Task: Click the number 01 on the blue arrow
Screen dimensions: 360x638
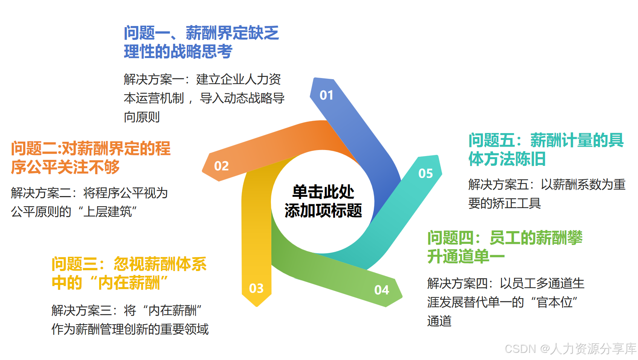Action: tap(326, 95)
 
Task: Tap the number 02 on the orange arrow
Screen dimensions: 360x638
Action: tap(221, 166)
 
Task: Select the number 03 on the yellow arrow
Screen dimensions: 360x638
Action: tap(256, 288)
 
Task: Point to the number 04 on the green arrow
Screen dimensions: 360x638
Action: tap(381, 290)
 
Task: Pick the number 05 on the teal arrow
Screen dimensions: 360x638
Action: tap(425, 173)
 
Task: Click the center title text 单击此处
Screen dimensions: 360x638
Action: tap(323, 192)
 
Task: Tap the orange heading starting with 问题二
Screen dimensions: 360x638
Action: tap(90, 158)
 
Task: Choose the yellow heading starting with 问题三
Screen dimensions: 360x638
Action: tap(129, 273)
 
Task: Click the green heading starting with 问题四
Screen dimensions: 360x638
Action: tap(505, 247)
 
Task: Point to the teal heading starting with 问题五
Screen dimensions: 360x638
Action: tap(546, 150)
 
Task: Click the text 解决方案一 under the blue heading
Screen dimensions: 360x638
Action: tap(154, 80)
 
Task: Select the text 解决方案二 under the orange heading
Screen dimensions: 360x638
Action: tap(41, 193)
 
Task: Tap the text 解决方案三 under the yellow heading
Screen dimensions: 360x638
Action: tap(81, 311)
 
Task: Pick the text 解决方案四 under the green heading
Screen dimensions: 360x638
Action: tap(457, 283)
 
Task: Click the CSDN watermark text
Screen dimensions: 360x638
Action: tap(570, 349)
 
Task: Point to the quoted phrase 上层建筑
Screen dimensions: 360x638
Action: tap(107, 212)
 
